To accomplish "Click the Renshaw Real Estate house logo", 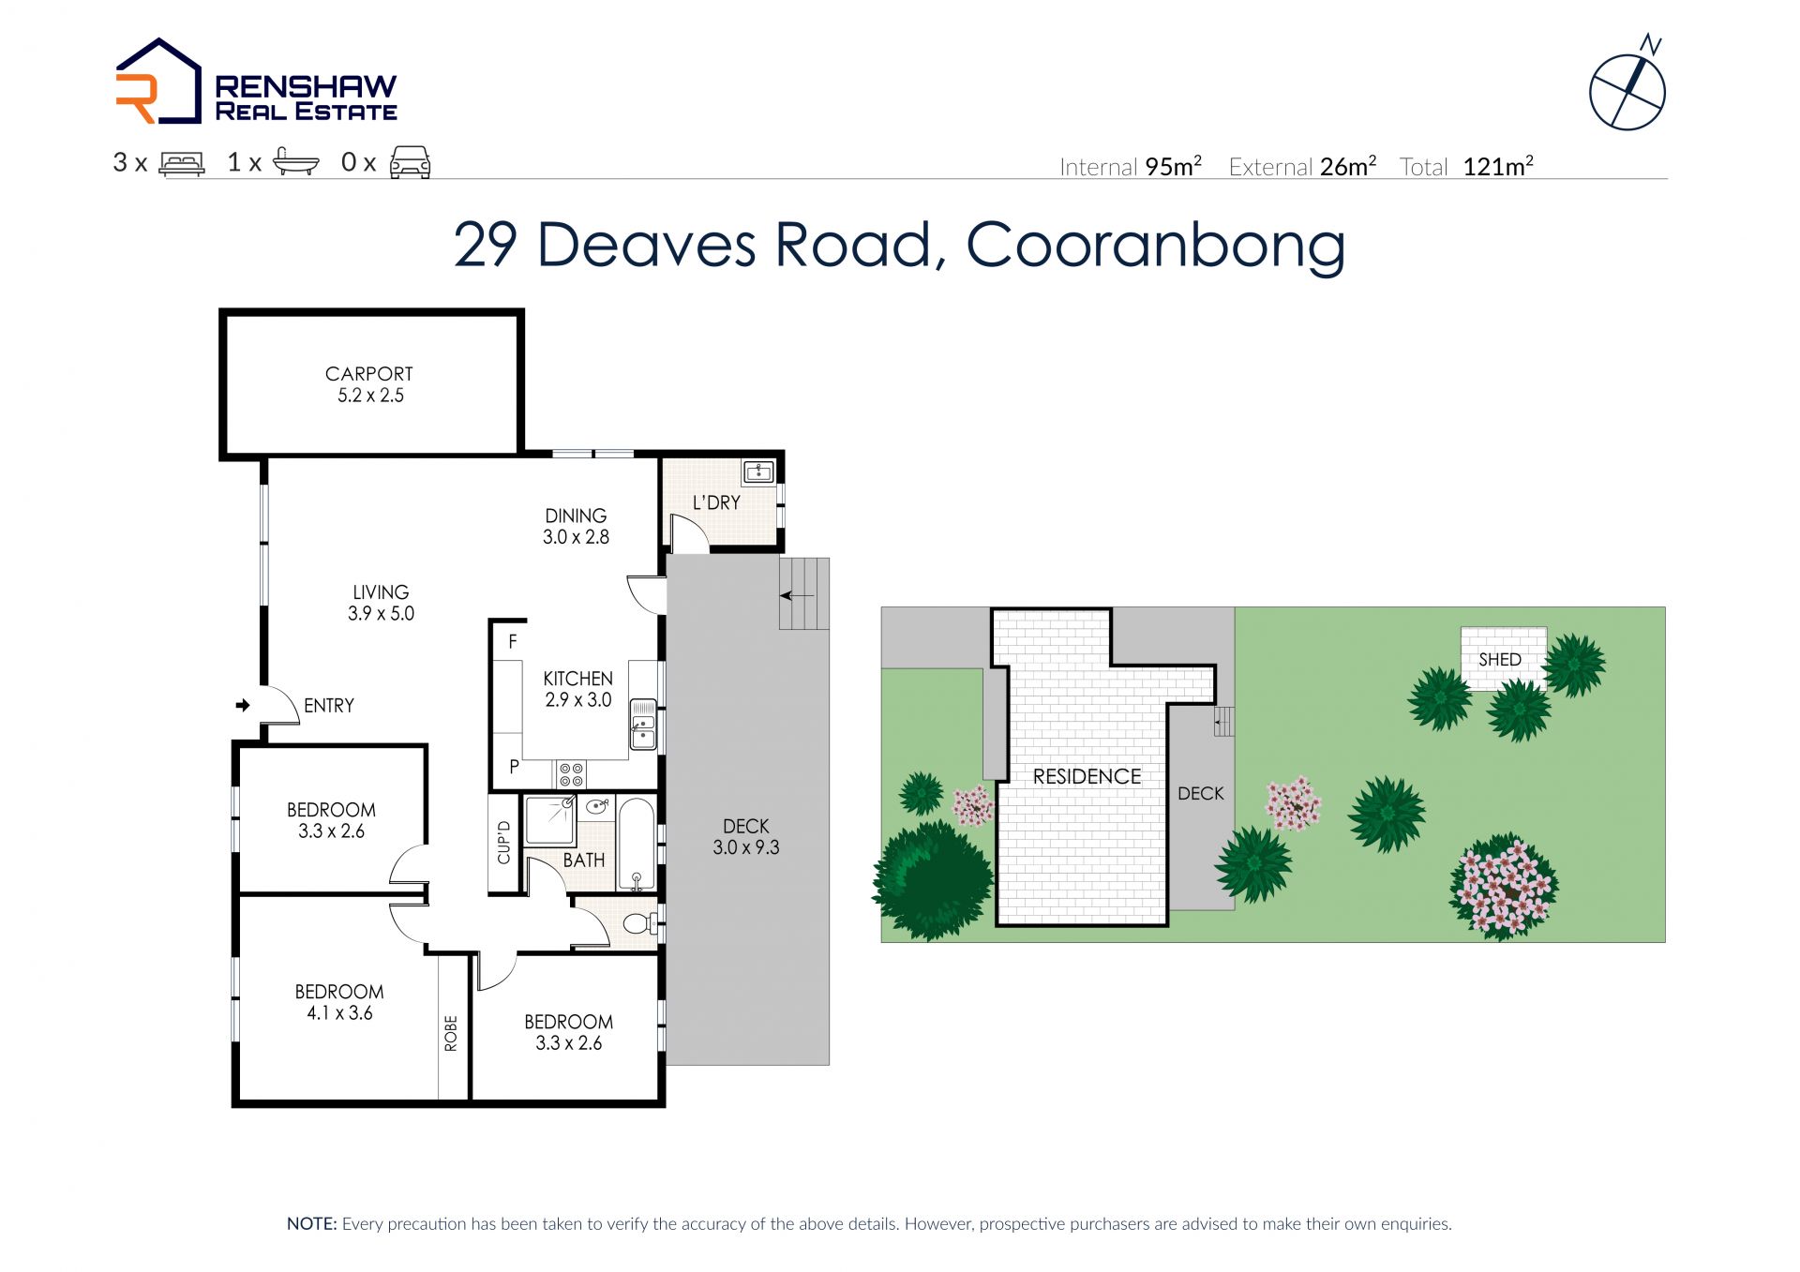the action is pos(157,82).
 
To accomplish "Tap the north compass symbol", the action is pos(1628,87).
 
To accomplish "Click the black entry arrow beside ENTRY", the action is pos(243,705).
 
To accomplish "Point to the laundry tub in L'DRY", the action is pos(757,471).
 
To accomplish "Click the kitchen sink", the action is pos(643,724).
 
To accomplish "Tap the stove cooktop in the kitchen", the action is pos(572,774).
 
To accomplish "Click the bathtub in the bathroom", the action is pos(637,844).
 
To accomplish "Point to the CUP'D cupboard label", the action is pos(503,842).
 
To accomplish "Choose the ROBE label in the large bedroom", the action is pos(451,1033).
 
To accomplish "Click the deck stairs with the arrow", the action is pos(804,593).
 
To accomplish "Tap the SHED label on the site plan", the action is pos(1500,659).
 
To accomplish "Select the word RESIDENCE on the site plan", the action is pos(1087,776).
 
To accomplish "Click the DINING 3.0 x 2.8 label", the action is pos(576,526).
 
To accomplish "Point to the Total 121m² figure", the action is pos(1466,167).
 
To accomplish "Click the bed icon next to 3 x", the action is pos(182,163).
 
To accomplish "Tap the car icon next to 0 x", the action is pos(410,162).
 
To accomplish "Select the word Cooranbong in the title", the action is pos(1155,246).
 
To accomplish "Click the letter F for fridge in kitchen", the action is pos(513,642).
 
